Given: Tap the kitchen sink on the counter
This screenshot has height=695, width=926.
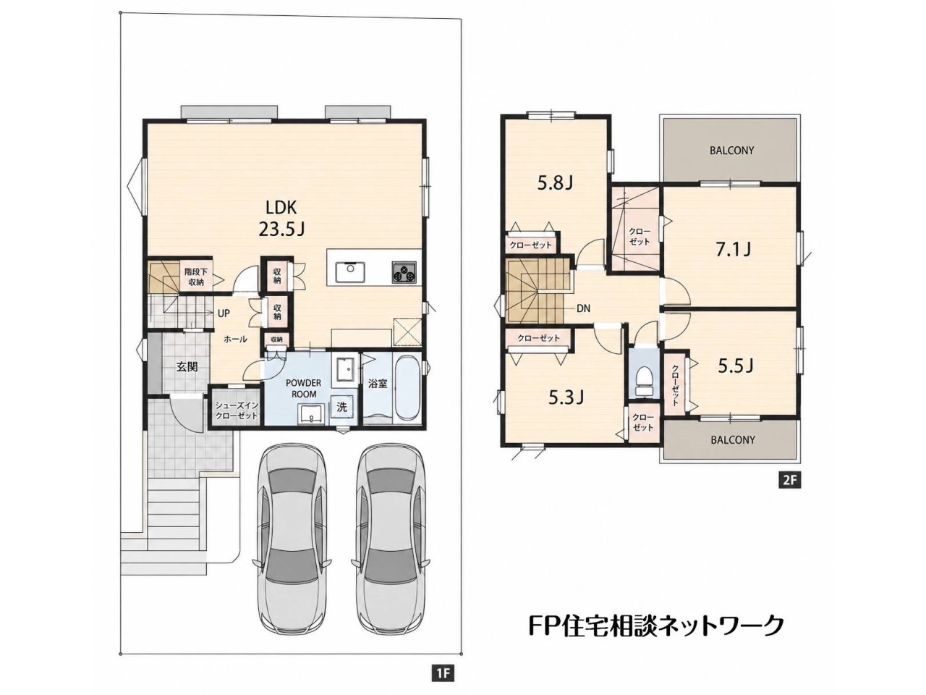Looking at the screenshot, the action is (x=349, y=272).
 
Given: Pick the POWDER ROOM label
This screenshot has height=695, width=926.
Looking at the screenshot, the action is (x=303, y=388).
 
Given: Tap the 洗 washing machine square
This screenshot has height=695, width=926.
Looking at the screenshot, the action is (x=341, y=407).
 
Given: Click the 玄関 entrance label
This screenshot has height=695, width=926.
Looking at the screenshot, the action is (x=187, y=366).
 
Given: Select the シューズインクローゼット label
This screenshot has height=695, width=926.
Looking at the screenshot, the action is (x=237, y=410).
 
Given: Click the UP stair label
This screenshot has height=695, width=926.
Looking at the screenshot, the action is (x=224, y=313).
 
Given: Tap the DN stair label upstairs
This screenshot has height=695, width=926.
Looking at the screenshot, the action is (x=583, y=308).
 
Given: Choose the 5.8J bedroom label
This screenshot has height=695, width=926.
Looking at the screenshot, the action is (x=555, y=183).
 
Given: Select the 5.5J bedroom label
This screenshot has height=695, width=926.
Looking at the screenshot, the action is (x=736, y=366).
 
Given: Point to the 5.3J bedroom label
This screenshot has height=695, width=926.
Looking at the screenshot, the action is (x=566, y=397).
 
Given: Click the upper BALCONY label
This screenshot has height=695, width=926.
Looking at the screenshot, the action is (x=731, y=151).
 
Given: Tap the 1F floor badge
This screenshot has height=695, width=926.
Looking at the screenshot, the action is (x=443, y=673).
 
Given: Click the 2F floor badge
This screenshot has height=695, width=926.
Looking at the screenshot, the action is (x=789, y=481).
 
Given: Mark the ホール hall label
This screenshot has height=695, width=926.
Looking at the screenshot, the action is (x=235, y=339).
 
